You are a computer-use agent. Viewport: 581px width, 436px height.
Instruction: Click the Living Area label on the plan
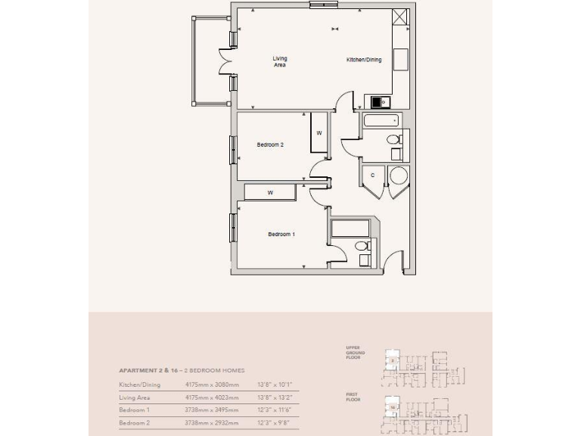pyautogui.click(x=280, y=62)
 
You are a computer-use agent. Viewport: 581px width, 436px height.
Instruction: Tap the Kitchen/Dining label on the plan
pyautogui.click(x=364, y=59)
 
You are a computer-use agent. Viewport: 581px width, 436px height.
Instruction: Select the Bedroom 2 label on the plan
pyautogui.click(x=269, y=145)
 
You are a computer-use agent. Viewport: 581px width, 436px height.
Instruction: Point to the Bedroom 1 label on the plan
pyautogui.click(x=281, y=234)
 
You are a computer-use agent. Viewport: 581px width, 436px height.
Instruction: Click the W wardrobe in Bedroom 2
pyautogui.click(x=319, y=133)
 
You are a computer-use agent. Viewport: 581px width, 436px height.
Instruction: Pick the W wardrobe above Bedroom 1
pyautogui.click(x=269, y=193)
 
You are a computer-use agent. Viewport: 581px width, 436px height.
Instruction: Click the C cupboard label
pyautogui.click(x=372, y=176)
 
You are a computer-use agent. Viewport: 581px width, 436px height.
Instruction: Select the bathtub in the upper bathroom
pyautogui.click(x=384, y=121)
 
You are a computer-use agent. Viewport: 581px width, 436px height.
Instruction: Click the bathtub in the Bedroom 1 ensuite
pyautogui.click(x=350, y=228)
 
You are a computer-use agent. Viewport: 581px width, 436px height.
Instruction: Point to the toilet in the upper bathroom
pyautogui.click(x=393, y=139)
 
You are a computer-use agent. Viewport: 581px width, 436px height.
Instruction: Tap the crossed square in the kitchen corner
pyautogui.click(x=400, y=18)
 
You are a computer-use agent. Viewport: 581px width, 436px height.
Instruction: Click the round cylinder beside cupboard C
pyautogui.click(x=398, y=177)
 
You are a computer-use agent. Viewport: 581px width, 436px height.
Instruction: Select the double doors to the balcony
pyautogui.click(x=225, y=62)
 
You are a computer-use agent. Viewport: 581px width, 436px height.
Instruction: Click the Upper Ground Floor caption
pyautogui.click(x=355, y=353)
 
